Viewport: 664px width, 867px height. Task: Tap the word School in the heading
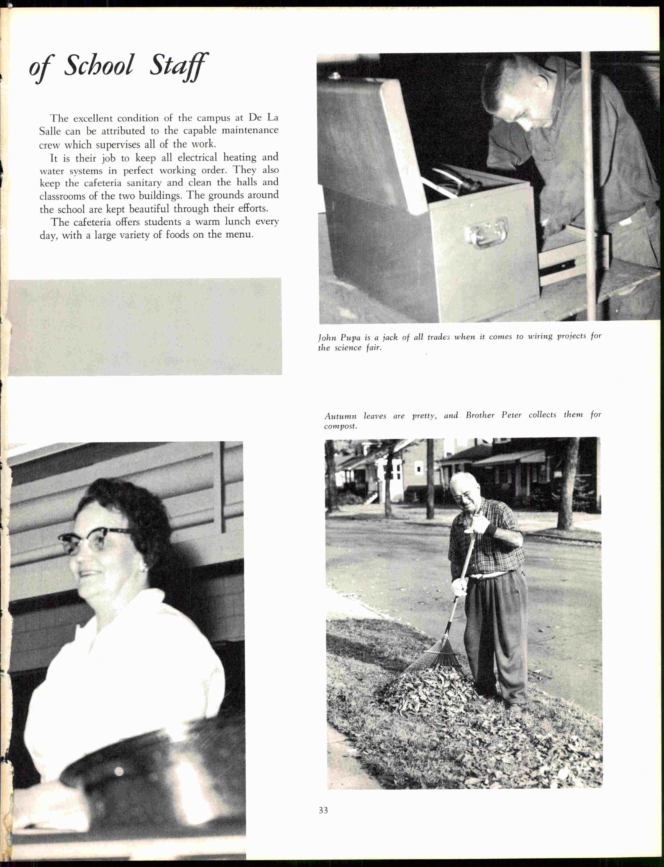[99, 65]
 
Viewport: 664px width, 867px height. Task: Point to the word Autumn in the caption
[340, 416]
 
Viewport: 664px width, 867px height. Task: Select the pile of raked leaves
[427, 688]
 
